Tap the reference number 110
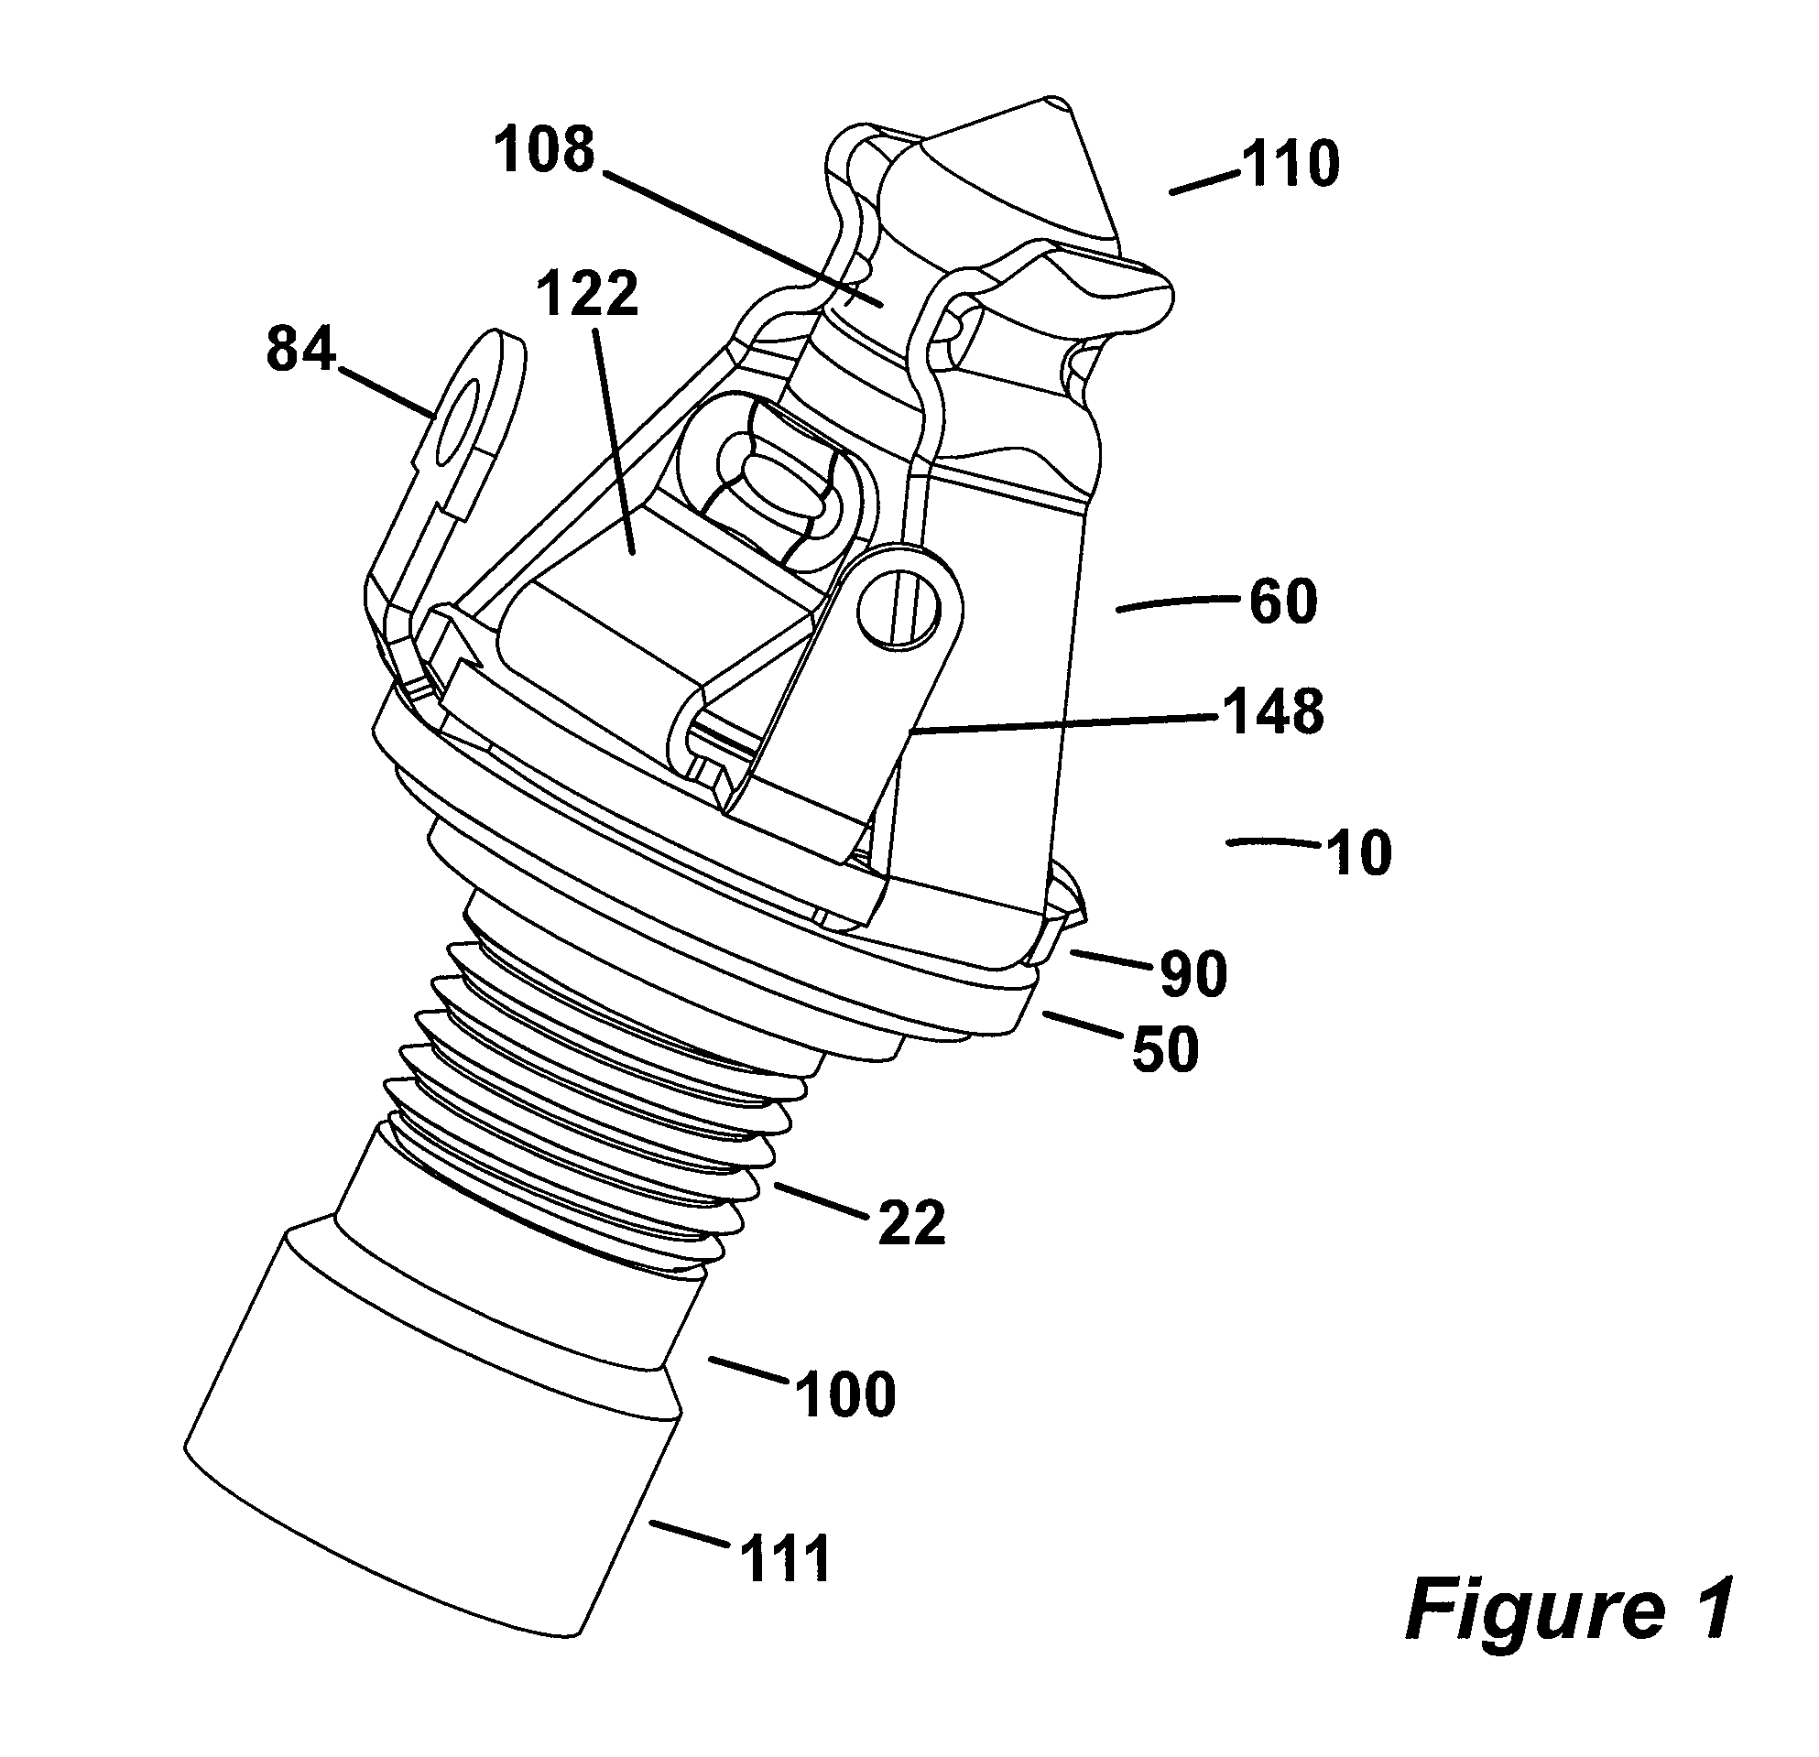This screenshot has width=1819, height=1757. [x=1291, y=165]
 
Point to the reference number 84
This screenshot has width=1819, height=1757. [x=300, y=352]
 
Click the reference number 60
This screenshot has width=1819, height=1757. [x=1282, y=602]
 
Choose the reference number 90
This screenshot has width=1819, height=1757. [x=1193, y=974]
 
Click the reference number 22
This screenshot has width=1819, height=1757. [x=910, y=1223]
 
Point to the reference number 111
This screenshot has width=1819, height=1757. [x=785, y=1559]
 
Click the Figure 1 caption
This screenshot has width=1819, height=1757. [x=1567, y=1611]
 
